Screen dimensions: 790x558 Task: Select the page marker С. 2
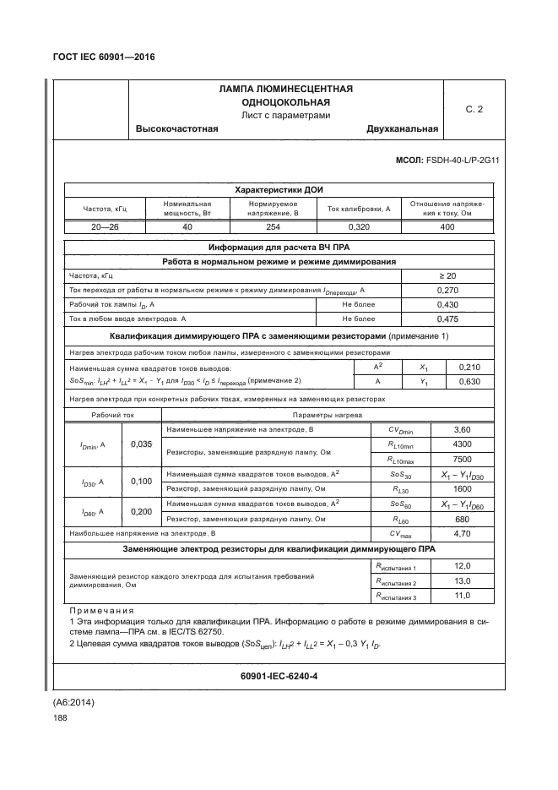pos(474,109)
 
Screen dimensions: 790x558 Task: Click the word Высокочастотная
pos(177,129)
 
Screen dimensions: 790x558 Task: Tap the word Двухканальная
pos(402,129)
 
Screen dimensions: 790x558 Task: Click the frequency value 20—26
pos(103,226)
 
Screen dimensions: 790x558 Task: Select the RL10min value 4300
pos(462,444)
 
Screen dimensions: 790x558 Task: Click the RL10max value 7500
pos(462,459)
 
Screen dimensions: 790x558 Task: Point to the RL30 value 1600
pos(462,488)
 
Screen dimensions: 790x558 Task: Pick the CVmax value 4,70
pos(462,533)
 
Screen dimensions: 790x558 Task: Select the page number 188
pos(60,717)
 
